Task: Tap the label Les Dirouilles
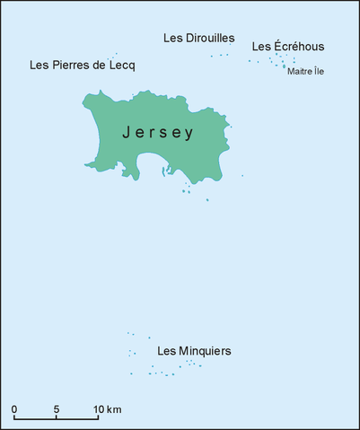click(199, 38)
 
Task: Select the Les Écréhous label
click(288, 47)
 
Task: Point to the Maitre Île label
click(306, 72)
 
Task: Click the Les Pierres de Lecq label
click(82, 66)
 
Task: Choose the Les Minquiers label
click(194, 351)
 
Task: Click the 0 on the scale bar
click(14, 409)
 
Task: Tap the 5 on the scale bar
click(57, 409)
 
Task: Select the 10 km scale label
click(108, 409)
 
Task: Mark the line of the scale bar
click(57, 419)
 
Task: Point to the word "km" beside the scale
click(114, 409)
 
